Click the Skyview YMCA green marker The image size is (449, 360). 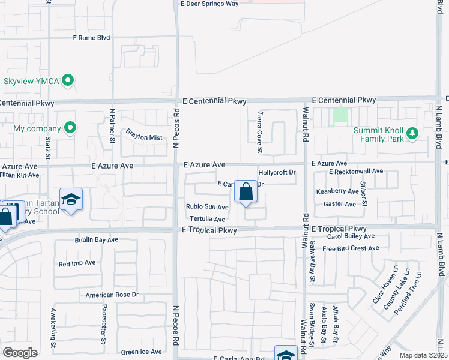[x=68, y=80]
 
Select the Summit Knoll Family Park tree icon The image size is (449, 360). [x=412, y=133]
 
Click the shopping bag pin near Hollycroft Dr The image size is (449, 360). [x=246, y=193]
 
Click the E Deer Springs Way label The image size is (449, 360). [x=209, y=4]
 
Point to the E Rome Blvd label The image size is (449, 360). [x=91, y=37]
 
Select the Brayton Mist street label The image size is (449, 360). [x=144, y=137]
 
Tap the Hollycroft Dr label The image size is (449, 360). [x=277, y=173]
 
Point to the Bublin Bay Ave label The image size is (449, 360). [x=97, y=240]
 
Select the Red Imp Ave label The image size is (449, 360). [x=77, y=263]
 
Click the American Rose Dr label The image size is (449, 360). [x=112, y=295]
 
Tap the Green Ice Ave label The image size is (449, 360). [x=141, y=352]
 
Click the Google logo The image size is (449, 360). [x=20, y=352]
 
